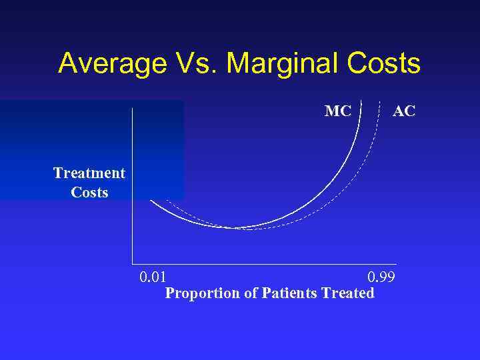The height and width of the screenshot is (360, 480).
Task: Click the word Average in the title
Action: [111, 64]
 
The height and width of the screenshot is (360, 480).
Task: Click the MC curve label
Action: [337, 111]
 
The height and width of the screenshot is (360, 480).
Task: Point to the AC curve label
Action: [404, 111]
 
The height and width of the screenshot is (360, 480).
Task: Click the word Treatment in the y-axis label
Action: [89, 173]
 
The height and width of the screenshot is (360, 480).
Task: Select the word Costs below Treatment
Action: [89, 192]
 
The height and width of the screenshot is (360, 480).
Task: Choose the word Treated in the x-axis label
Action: [347, 293]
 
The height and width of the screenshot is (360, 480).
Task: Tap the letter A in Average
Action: [68, 64]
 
